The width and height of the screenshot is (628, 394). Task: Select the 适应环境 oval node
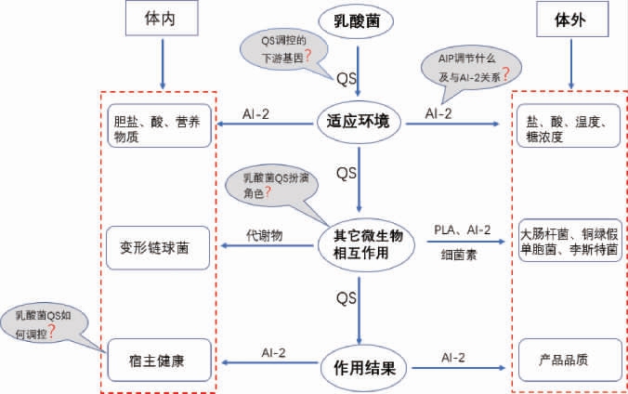[359, 122]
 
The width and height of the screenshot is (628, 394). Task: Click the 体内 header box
[164, 20]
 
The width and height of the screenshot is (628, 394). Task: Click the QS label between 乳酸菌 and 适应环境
[347, 74]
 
